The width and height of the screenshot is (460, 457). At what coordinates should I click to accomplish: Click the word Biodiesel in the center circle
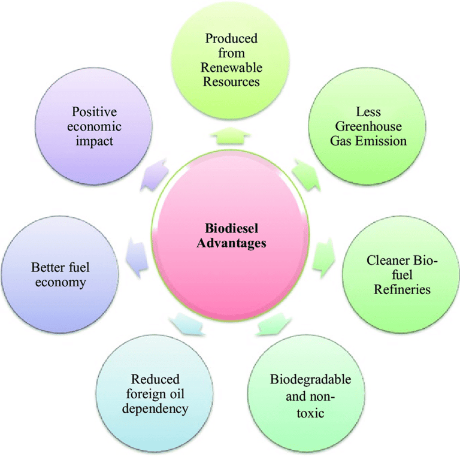(x=231, y=228)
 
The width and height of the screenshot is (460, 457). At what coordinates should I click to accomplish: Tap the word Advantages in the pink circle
(x=231, y=243)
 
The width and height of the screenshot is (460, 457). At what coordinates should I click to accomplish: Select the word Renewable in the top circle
(x=231, y=68)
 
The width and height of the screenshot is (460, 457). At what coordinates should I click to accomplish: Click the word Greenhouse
(x=368, y=127)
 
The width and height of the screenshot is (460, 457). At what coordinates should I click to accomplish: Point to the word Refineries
(x=402, y=289)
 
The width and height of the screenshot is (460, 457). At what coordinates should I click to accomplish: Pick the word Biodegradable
(x=310, y=380)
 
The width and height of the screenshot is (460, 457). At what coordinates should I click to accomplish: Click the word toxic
(x=310, y=413)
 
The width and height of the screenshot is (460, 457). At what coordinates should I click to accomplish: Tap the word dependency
(x=155, y=409)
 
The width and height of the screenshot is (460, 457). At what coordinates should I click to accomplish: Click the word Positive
(x=95, y=112)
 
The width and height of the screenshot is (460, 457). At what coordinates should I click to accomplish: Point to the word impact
(x=95, y=141)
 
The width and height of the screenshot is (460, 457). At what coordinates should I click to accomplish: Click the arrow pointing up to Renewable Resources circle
(x=231, y=136)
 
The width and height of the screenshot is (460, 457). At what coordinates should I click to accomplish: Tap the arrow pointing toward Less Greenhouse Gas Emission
(x=306, y=175)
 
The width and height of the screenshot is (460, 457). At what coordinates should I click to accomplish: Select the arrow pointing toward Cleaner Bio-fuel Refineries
(x=324, y=258)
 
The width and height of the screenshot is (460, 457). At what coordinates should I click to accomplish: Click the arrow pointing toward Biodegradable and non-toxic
(x=274, y=324)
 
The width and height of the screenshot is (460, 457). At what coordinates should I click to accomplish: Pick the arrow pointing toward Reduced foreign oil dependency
(x=187, y=324)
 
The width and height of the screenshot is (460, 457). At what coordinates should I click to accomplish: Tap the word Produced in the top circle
(x=231, y=38)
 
